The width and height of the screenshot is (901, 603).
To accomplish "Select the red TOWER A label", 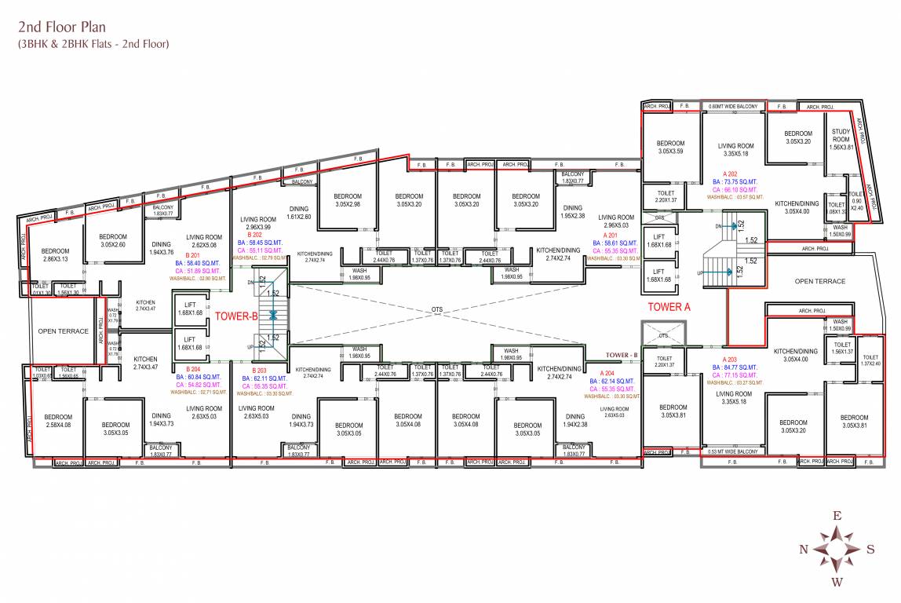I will coord(668,307).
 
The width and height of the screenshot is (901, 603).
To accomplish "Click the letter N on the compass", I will coord(803,549).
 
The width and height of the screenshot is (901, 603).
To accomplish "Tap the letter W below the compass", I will coord(837,582).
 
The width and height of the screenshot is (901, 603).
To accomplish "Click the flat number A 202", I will coord(733,173).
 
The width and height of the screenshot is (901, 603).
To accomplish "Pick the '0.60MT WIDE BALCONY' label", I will coord(732,106).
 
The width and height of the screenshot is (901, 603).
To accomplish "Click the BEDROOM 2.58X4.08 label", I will coord(58,421).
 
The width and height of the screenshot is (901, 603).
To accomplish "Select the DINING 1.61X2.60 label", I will coord(298,213).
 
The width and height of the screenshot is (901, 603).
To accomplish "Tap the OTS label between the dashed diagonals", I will coord(437,310).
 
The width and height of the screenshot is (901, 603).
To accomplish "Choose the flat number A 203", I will coord(721,360).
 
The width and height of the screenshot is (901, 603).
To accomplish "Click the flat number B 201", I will coord(192,255).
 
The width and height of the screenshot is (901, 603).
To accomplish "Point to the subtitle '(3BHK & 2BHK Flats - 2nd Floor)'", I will coord(93,44).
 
